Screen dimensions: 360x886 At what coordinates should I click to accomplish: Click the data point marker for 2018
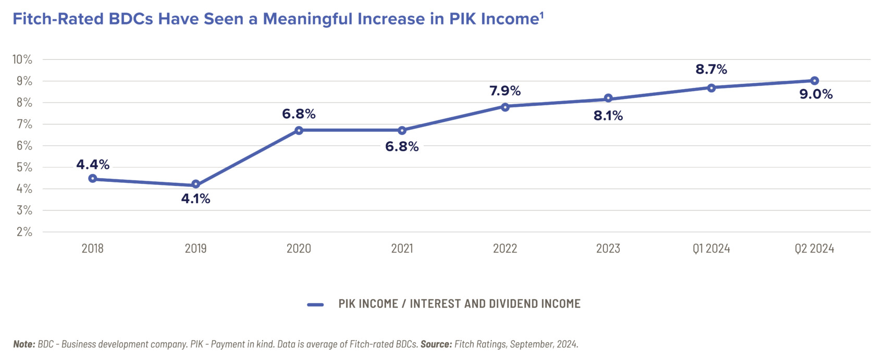click(x=93, y=179)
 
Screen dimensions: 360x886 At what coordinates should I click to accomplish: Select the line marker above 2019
click(x=196, y=184)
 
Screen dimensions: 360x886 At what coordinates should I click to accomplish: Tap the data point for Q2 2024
click(x=815, y=81)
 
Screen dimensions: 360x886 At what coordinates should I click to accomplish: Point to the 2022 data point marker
click(x=505, y=107)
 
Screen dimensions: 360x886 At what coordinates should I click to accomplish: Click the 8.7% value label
click(x=711, y=69)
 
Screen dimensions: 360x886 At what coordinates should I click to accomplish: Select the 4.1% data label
click(x=196, y=198)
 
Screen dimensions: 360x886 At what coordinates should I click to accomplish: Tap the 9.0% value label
click(x=816, y=94)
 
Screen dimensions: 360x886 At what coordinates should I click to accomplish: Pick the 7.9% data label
click(x=505, y=91)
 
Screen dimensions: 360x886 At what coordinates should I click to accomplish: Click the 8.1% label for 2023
click(x=608, y=116)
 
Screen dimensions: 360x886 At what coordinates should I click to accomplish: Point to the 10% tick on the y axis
click(x=22, y=59)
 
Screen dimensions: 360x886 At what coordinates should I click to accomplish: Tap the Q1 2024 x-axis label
click(x=711, y=249)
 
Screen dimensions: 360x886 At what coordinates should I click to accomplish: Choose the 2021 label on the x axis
click(x=402, y=249)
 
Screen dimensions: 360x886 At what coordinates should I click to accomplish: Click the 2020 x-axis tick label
click(x=299, y=249)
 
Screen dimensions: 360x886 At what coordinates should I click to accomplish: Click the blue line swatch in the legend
click(x=315, y=304)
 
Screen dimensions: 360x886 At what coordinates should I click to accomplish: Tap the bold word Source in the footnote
click(x=436, y=344)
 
